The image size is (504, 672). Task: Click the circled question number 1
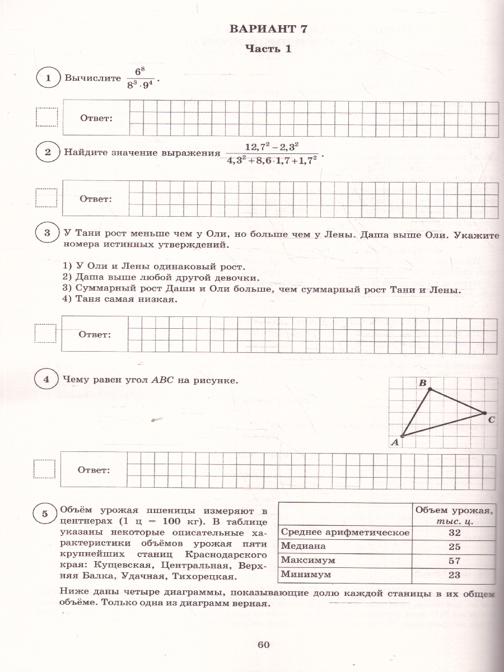49,78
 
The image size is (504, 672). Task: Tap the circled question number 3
48,233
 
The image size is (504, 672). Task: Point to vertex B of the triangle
430,389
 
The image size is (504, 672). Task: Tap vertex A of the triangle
403,435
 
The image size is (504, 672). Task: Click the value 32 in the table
454,533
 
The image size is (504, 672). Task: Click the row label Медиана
303,547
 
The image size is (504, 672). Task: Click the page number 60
264,645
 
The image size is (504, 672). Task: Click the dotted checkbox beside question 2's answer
46,198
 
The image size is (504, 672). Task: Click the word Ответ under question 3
95,334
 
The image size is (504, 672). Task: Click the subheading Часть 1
269,49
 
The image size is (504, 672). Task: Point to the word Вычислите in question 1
90,78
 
